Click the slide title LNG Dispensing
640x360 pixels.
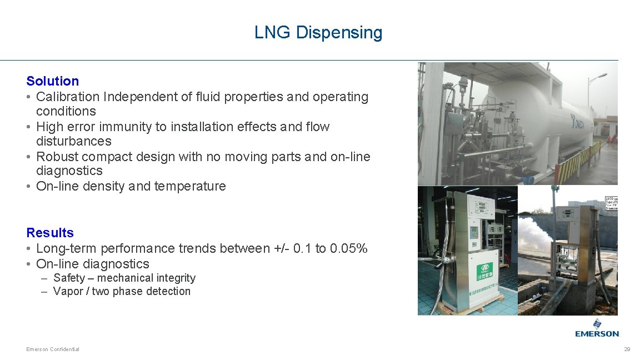pos(318,32)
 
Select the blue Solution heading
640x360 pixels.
pos(53,81)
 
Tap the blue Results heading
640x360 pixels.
pos(50,233)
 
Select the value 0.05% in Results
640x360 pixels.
pos(348,248)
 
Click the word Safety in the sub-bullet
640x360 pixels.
pos(69,278)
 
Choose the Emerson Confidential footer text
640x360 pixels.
pos(53,349)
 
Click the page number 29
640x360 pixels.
pos(627,349)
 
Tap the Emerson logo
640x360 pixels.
pos(597,328)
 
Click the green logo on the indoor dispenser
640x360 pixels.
pos(484,272)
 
